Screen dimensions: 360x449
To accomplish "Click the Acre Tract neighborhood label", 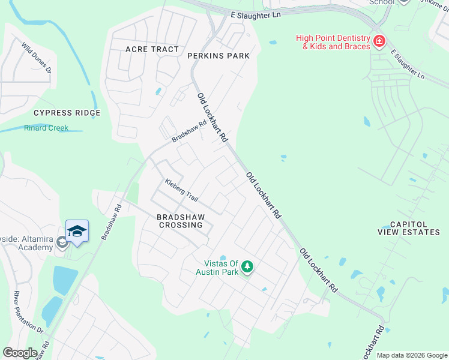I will (x=152, y=49).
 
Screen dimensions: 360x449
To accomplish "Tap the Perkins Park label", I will (x=218, y=56).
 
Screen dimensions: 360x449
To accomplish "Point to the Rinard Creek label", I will (x=46, y=128).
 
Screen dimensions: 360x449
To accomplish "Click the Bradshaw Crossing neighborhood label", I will (x=180, y=221).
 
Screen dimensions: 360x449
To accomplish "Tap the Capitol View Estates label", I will (x=409, y=228).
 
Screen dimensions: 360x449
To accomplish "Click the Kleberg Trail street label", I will (x=181, y=190).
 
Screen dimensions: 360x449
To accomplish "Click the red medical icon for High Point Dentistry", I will (x=379, y=41).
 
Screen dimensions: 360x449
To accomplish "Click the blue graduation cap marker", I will (x=77, y=231).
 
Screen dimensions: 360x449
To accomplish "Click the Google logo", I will (x=19, y=353).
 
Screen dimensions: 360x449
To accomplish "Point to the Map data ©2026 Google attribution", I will (x=412, y=355).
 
